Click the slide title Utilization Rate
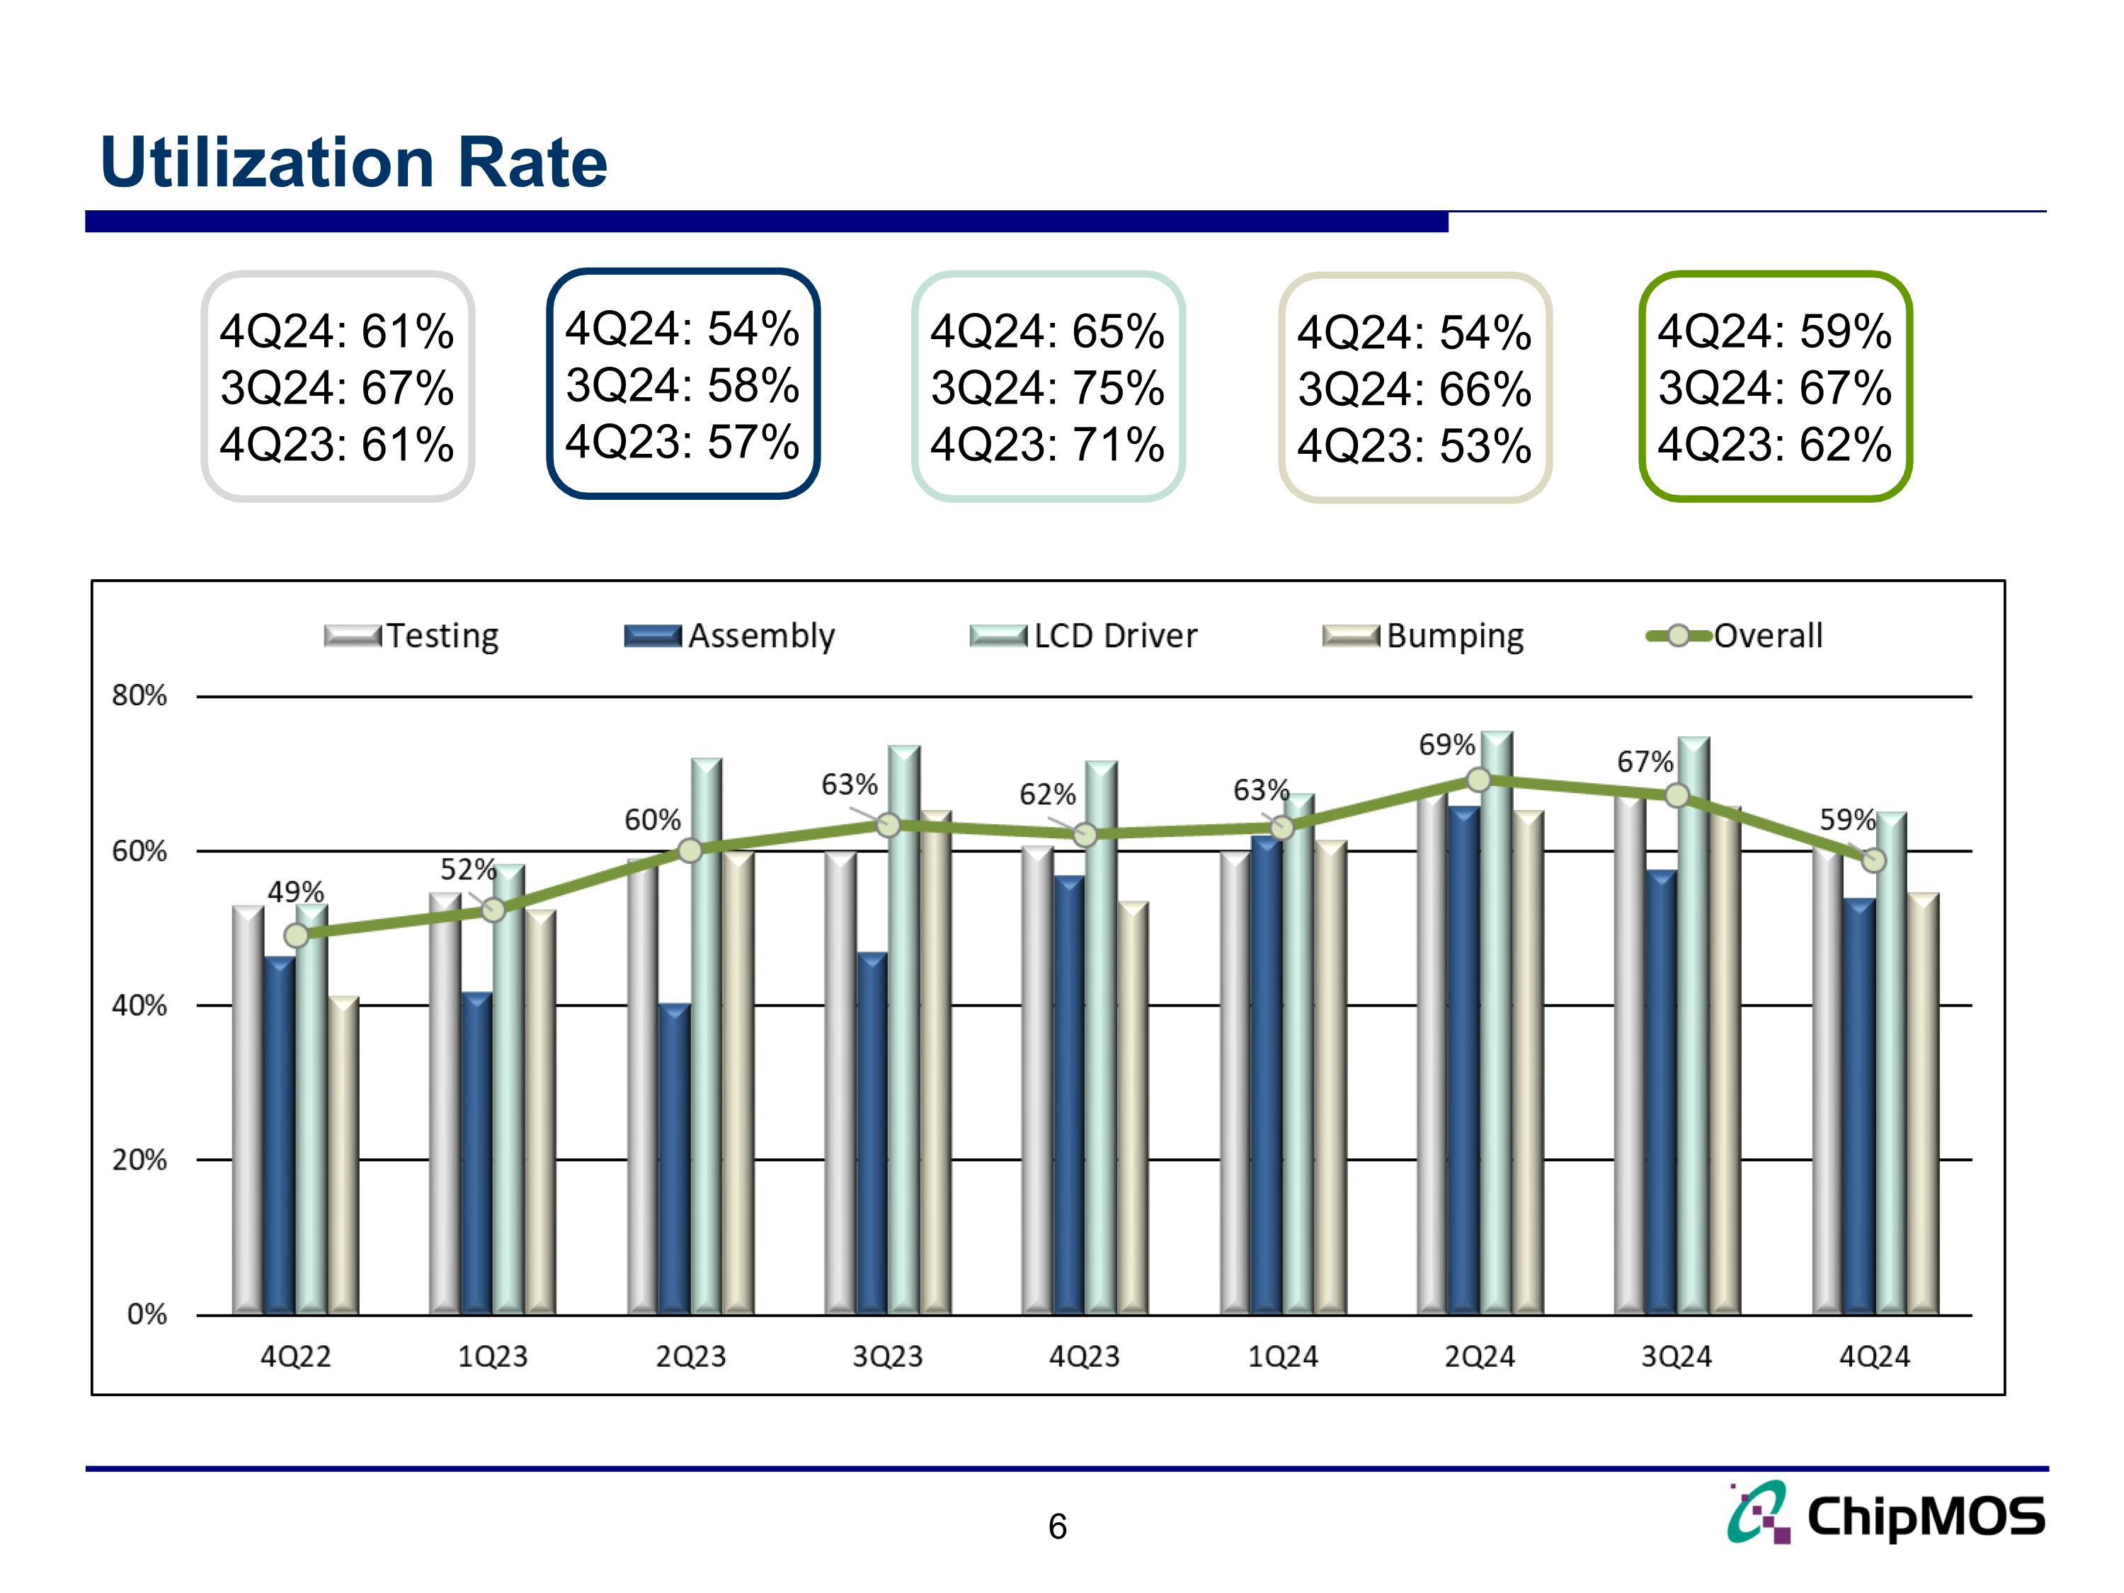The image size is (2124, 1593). [x=353, y=162]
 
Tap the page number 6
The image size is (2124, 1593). [x=1057, y=1526]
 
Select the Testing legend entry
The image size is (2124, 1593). [x=413, y=636]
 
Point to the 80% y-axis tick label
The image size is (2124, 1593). [x=139, y=695]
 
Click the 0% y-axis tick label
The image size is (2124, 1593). [x=147, y=1313]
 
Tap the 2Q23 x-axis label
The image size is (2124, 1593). [x=690, y=1356]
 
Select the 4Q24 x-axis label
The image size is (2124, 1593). [x=1874, y=1356]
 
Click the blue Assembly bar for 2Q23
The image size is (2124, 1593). [x=674, y=1162]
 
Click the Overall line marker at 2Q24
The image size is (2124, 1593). [x=1480, y=780]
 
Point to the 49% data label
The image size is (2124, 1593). [x=295, y=892]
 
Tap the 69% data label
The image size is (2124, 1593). [x=1446, y=744]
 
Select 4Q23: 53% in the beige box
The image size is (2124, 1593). [x=1413, y=445]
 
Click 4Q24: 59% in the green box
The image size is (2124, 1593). [x=1774, y=331]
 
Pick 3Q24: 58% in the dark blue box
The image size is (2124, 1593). [x=682, y=385]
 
